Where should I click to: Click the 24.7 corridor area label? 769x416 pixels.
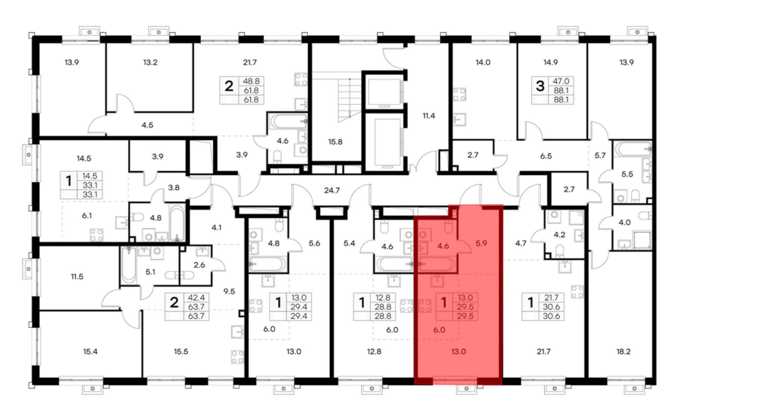coord(332,190)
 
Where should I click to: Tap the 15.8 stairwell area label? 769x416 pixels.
coord(335,142)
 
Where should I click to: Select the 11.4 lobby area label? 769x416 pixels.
coord(429,116)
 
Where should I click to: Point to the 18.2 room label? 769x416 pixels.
coord(623,351)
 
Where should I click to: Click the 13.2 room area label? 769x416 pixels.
coord(150,62)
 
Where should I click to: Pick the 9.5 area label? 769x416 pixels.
coord(229,291)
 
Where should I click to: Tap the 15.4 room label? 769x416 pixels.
coord(90,351)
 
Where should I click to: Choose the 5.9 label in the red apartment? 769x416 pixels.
coord(481,243)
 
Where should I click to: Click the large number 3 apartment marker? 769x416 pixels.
coord(540,86)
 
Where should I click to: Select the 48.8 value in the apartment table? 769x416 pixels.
coord(251,81)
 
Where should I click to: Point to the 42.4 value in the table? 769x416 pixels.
coord(196,298)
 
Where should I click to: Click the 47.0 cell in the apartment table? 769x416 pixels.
coord(561,81)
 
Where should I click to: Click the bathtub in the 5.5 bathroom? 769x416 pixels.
coord(633,148)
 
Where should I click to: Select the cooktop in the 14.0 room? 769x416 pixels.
coord(459,94)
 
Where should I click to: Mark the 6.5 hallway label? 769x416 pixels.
coord(546,156)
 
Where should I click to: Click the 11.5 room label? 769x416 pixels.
coord(77,276)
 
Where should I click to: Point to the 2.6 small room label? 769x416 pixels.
coord(199,265)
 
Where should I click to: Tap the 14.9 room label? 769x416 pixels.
coord(551,62)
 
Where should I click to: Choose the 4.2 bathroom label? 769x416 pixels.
coord(559,235)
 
